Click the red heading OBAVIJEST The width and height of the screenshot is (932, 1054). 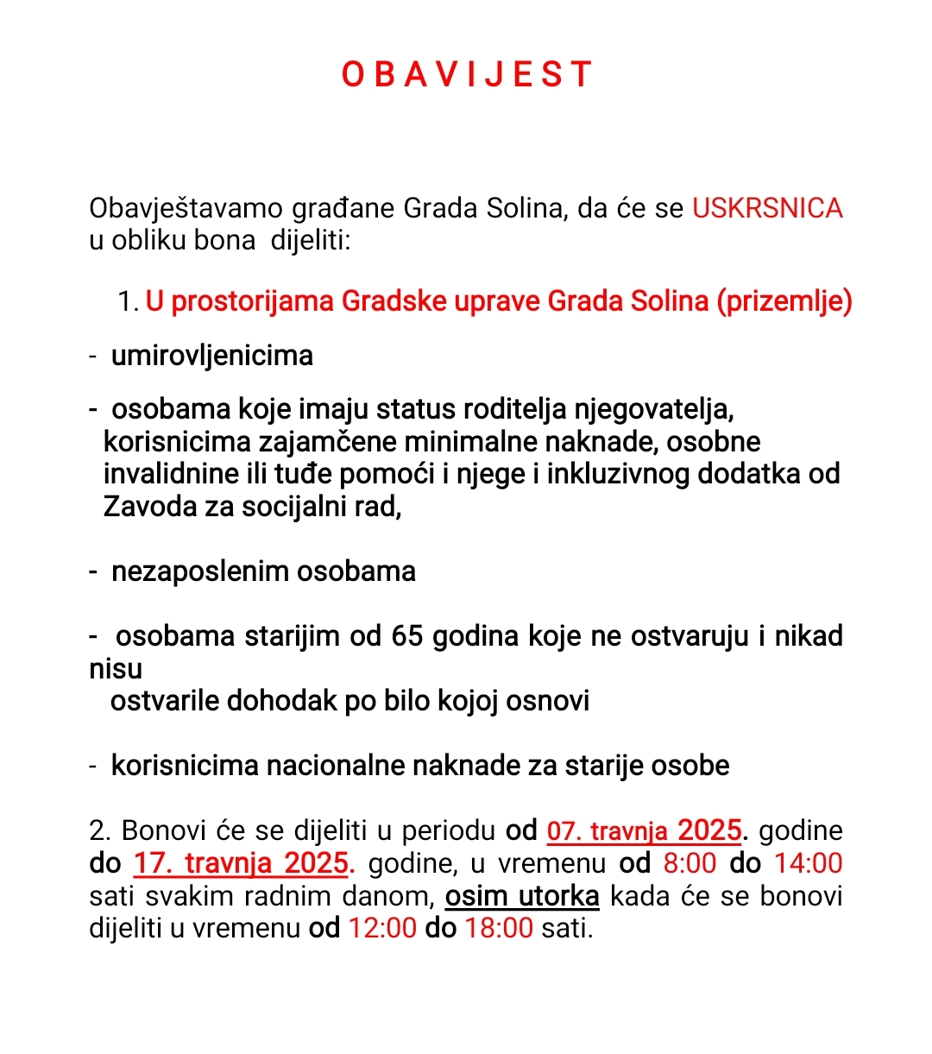[466, 74]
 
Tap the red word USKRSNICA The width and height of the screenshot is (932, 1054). [767, 208]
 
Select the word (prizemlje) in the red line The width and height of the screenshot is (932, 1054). [784, 301]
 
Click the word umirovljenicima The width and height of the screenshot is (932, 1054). [212, 356]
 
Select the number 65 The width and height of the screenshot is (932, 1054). [407, 636]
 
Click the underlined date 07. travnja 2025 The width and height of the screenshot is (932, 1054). [645, 830]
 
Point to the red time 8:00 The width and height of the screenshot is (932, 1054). [690, 863]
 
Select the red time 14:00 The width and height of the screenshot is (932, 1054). [809, 863]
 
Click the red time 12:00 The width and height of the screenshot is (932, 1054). [382, 929]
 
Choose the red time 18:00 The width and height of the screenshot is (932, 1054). [499, 929]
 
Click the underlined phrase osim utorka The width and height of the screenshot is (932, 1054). [522, 896]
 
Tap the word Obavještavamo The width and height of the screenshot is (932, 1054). [186, 209]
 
